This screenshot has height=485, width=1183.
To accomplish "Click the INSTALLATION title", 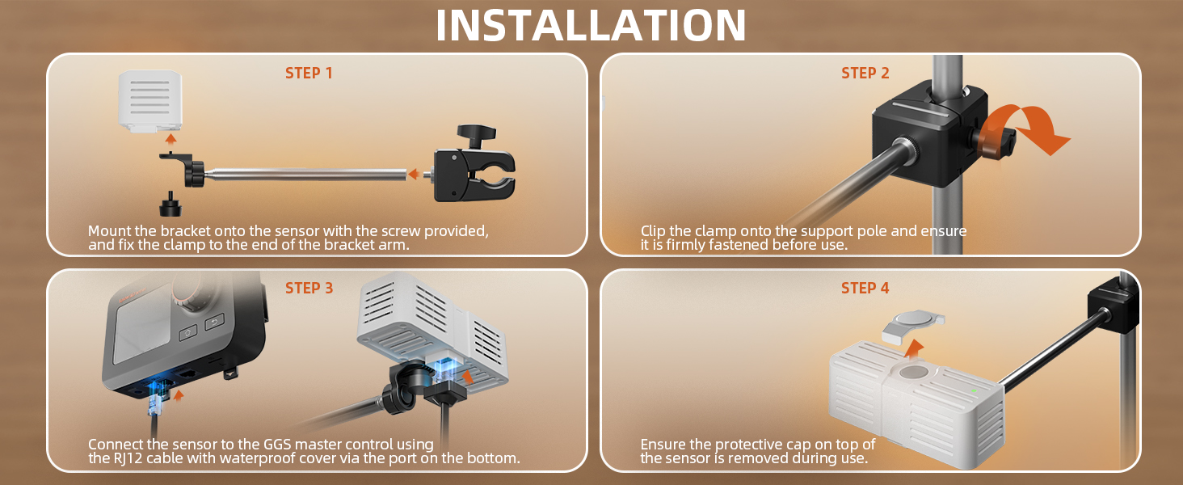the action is coord(591,25).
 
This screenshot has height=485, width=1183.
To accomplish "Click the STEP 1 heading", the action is coord(309,73).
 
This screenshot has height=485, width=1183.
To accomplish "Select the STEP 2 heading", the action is coord(865,73).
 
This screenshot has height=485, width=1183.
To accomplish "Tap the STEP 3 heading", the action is coord(309,288).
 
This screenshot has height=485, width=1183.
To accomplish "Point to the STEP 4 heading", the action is coord(865,288).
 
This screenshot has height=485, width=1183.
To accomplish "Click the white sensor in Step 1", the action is coord(150,101).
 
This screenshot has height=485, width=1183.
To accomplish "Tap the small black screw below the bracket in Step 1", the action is coord(171,204).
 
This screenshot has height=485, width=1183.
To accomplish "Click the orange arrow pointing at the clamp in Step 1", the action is coord(415,174).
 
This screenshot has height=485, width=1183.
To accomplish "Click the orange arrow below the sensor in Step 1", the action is coord(170,139).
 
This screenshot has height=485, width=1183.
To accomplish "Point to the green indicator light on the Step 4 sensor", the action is coord(974,391).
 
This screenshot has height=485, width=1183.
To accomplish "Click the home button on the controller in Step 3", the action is coord(188,333).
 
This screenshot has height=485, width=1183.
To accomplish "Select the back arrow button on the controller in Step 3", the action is coord(214,322).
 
